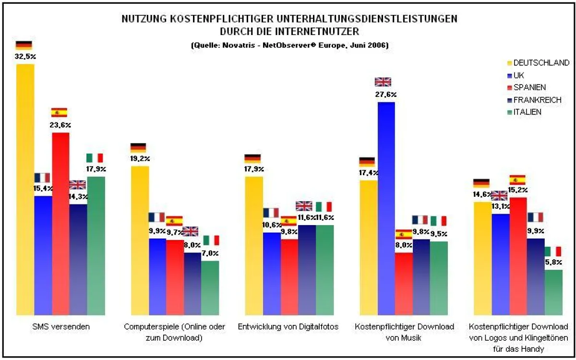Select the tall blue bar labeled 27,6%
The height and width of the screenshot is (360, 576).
[x=386, y=206]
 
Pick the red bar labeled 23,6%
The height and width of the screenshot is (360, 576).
[x=61, y=223]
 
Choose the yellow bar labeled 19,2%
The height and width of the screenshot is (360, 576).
[x=140, y=240]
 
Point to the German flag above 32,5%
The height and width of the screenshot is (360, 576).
[x=24, y=45]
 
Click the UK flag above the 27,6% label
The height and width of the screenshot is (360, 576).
[x=383, y=82]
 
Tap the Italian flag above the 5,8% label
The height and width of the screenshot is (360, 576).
[x=553, y=252]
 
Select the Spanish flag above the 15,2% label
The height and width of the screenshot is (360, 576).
[x=517, y=180]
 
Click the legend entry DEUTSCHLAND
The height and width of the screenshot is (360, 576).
[x=541, y=63]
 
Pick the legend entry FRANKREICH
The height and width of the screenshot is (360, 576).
[x=537, y=100]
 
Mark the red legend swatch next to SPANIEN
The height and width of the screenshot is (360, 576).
[x=510, y=88]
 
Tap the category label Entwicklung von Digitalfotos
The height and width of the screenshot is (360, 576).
[x=288, y=327]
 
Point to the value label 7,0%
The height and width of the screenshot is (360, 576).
[x=210, y=253]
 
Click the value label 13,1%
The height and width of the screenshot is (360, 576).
[x=500, y=207]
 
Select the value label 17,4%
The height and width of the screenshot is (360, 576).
[x=368, y=173]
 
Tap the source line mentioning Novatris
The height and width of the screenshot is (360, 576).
[x=289, y=46]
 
